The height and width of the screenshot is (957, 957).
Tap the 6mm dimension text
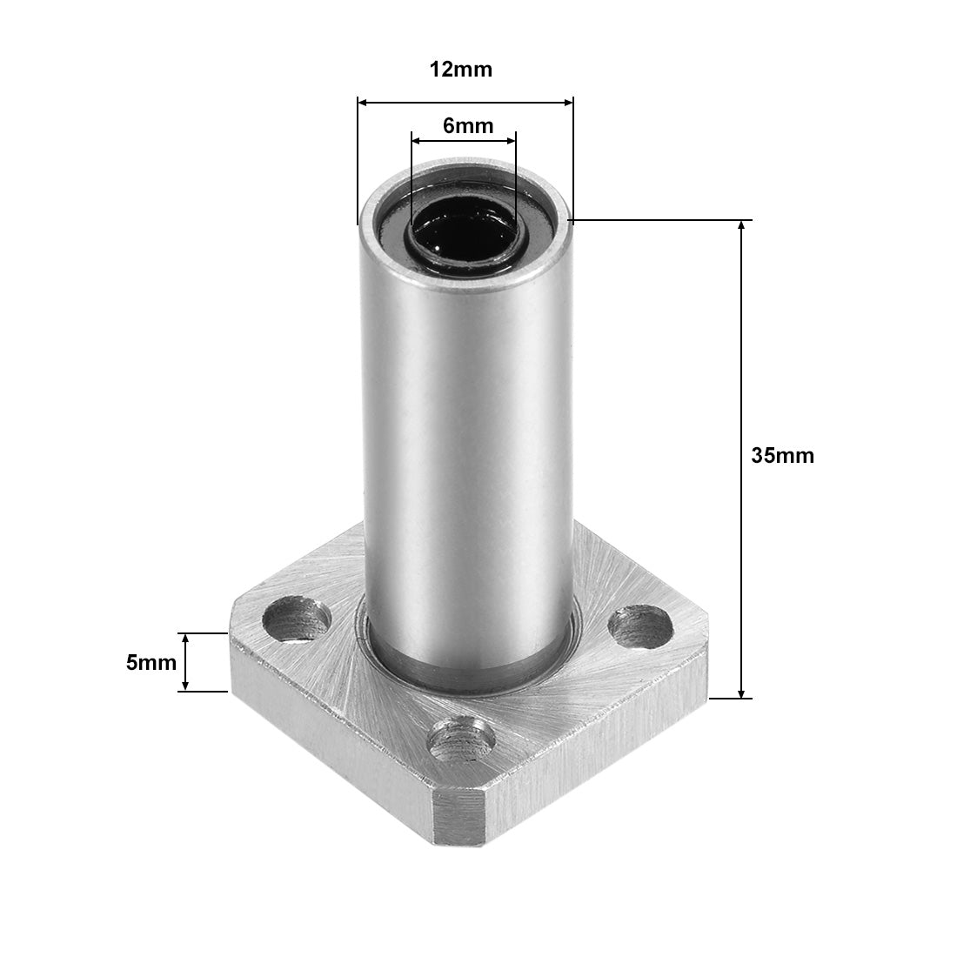tap(467, 125)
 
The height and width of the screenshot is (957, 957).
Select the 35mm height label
tap(782, 455)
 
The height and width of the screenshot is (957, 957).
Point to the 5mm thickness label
tap(151, 662)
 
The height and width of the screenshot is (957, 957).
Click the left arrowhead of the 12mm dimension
tap(363, 103)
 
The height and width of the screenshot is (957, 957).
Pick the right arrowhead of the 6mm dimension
tap(512, 139)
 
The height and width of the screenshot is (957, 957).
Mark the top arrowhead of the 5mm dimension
tap(185, 638)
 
